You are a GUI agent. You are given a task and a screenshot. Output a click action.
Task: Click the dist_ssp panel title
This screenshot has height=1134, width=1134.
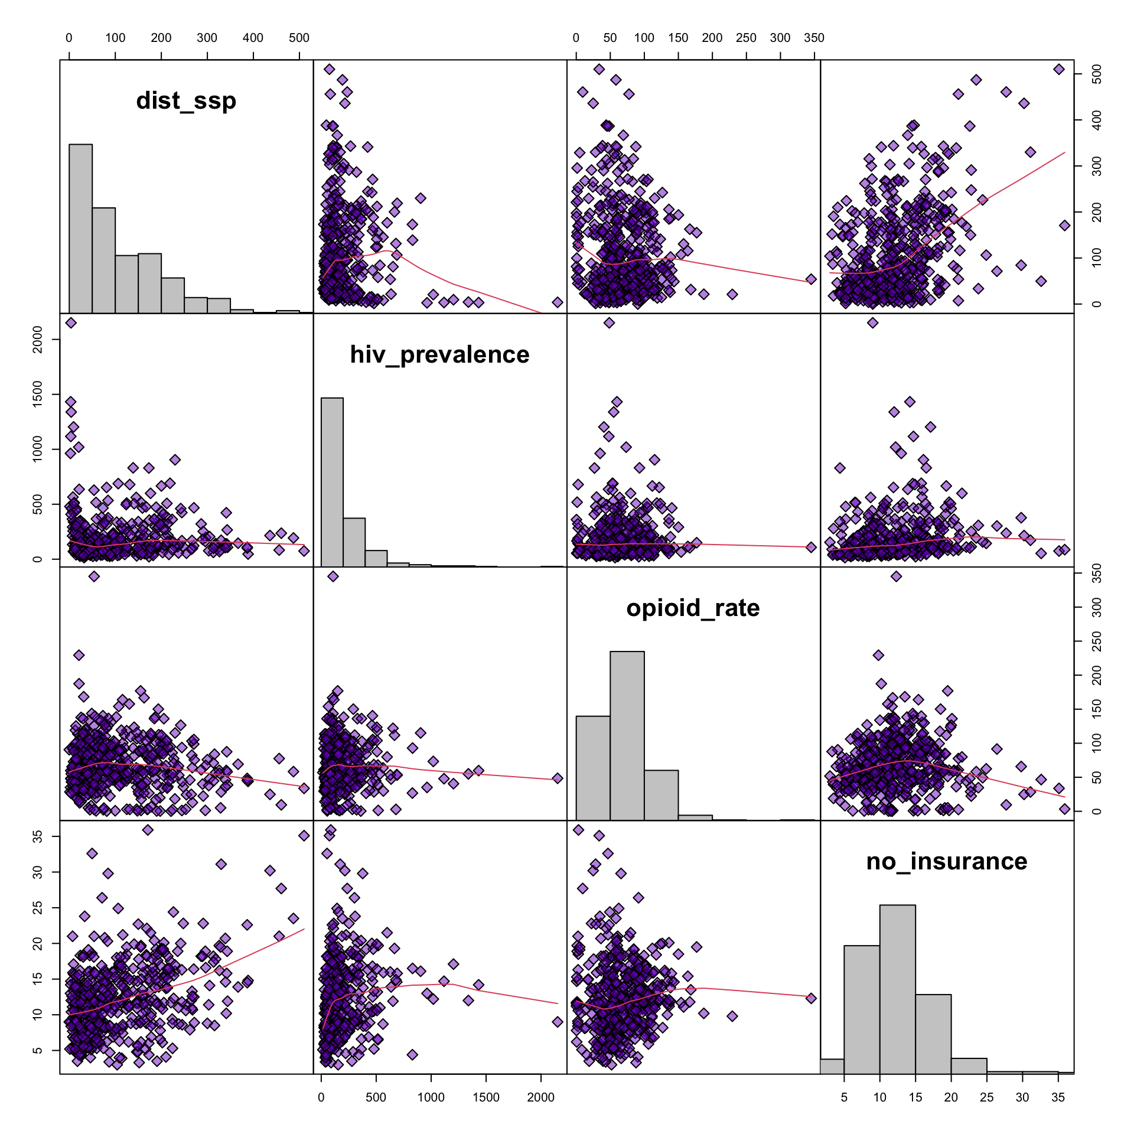pos(186,101)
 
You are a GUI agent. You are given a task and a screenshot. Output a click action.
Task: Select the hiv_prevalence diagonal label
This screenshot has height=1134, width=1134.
pos(439,354)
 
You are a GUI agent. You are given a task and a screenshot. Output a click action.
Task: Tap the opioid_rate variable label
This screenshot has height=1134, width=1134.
pos(693,608)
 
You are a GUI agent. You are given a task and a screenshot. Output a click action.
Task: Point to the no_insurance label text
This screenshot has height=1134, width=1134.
pos(946,862)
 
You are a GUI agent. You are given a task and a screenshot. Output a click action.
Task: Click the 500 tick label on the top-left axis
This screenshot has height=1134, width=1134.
pos(299,38)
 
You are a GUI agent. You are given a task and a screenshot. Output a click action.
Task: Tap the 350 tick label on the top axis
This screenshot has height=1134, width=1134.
pos(814,38)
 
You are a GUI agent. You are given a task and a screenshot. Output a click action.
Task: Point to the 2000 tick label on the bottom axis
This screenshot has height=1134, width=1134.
pos(540,1097)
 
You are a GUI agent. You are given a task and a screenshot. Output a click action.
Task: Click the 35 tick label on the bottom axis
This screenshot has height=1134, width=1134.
pos(1058,1097)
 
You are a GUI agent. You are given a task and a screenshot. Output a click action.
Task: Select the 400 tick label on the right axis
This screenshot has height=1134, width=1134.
pos(1097,120)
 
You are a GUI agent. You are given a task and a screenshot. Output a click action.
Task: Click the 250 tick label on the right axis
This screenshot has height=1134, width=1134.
pos(1097,641)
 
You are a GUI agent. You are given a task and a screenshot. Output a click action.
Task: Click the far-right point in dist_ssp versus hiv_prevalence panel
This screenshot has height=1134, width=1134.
pos(558,302)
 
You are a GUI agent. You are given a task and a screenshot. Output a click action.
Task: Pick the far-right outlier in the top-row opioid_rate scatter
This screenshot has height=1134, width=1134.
pos(811,279)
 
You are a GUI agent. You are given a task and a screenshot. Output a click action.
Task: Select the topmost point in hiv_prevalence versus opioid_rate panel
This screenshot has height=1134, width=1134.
pos(610,322)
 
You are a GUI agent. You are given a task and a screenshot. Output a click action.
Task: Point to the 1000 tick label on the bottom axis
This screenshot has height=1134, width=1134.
pos(431,1097)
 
